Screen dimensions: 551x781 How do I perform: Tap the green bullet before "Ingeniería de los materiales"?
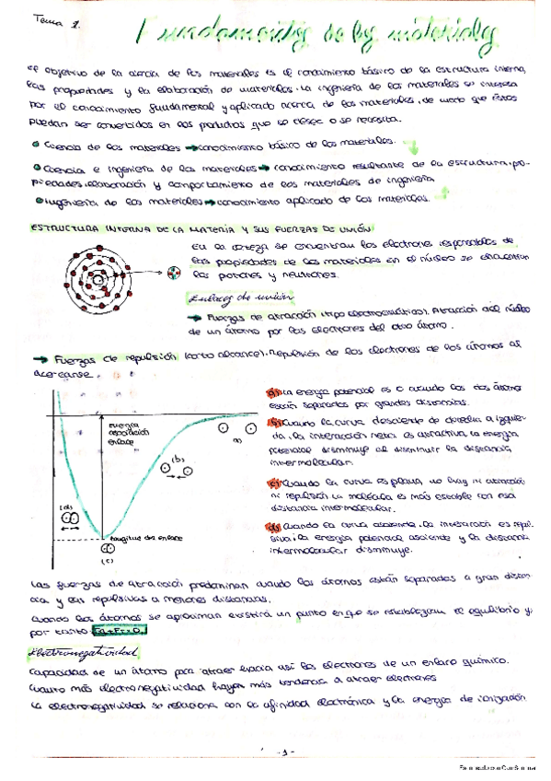(x=35, y=197)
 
